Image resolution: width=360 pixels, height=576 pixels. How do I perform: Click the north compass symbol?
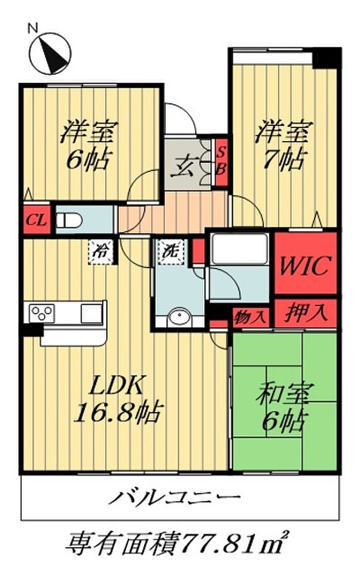click(x=50, y=52)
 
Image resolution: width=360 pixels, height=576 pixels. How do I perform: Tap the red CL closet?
click(x=36, y=221)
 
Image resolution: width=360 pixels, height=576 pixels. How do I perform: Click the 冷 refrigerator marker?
click(x=101, y=251)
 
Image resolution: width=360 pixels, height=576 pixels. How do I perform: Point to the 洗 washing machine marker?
click(x=170, y=251)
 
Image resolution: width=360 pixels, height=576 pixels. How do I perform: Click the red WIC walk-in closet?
click(x=305, y=265)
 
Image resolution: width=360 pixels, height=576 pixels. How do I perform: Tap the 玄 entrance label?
click(x=185, y=166)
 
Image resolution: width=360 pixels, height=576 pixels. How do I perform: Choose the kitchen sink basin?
click(x=92, y=313)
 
